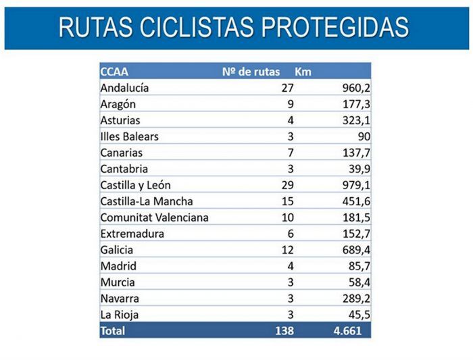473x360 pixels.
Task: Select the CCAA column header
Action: [x=114, y=72]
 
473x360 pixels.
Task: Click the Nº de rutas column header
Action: [x=251, y=72]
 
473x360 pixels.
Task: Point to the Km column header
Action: [x=303, y=72]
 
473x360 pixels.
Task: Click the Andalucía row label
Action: [x=124, y=88]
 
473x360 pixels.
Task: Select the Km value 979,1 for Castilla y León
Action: [x=355, y=185]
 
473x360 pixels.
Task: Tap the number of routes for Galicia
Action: [x=287, y=250]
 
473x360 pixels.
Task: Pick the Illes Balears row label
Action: [x=129, y=136]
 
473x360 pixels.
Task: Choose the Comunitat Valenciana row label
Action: [x=154, y=217]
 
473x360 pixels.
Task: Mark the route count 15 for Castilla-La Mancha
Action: [x=287, y=201]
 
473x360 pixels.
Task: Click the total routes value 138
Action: [x=284, y=331]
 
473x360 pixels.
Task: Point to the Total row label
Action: [x=112, y=331]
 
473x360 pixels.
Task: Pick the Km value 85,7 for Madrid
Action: [x=357, y=266]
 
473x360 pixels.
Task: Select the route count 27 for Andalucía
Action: [x=287, y=88]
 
